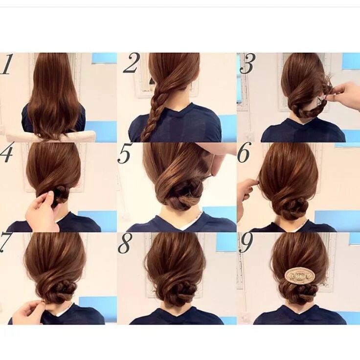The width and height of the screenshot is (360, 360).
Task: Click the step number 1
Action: coord(6,65)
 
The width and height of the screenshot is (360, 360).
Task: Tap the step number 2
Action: coord(131,64)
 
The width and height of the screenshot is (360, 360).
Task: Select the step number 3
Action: coord(247,64)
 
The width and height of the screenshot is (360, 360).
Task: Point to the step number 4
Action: coord(6,153)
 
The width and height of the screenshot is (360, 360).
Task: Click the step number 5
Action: coord(125,155)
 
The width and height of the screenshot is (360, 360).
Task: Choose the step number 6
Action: coord(244,154)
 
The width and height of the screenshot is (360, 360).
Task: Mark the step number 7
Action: coord(5,243)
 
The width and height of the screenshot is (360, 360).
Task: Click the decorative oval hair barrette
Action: coord(300,275)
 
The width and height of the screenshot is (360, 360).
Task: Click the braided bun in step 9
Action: coord(299,292)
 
